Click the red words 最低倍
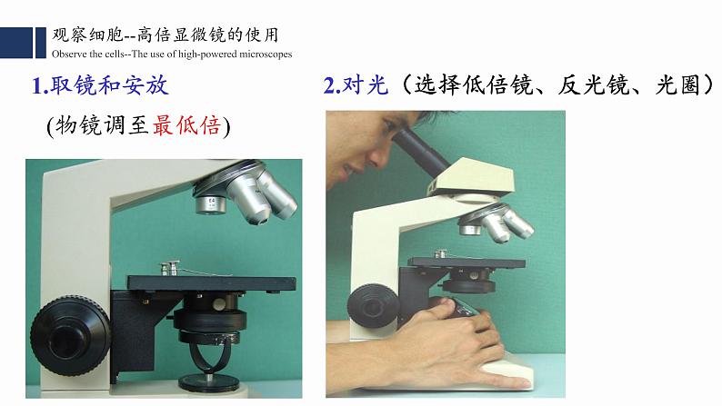[186, 125]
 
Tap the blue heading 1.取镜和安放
[100, 85]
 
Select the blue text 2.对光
[356, 85]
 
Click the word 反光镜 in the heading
[593, 85]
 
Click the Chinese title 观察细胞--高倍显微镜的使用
[165, 35]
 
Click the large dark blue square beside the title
[16, 43]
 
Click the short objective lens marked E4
[210, 203]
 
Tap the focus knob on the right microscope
[374, 306]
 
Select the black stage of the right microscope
[466, 262]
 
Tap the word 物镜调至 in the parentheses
[102, 125]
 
